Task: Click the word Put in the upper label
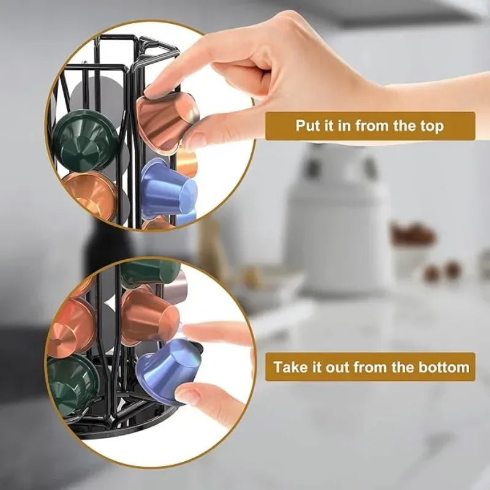point(309,126)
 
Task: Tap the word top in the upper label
point(430,126)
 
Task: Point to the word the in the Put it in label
point(404,126)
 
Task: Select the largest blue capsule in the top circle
point(168,190)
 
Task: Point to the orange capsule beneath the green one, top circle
point(90,195)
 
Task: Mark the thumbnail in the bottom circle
point(187,396)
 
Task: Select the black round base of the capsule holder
point(123,423)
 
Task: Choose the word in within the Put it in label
point(345,126)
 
